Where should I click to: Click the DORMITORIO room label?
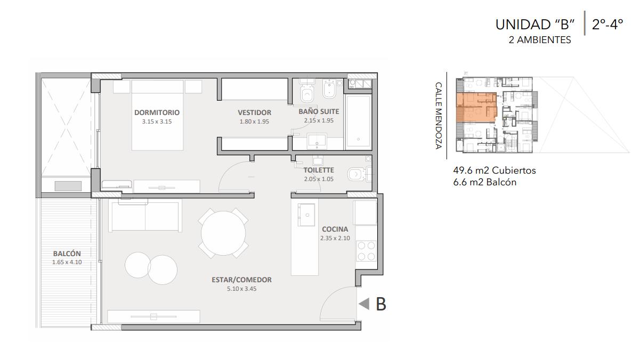point(157,113)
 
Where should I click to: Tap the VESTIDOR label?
point(254,113)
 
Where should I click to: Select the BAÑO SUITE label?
point(319,111)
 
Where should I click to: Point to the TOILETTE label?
point(319,170)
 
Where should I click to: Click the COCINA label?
point(335,229)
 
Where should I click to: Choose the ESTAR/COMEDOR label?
point(242,280)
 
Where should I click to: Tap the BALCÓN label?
point(67,253)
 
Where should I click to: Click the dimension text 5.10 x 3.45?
point(242,289)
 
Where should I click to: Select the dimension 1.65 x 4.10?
point(67,262)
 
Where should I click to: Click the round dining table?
point(223,233)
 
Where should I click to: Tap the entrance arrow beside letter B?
point(364,304)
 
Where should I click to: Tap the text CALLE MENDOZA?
point(439,116)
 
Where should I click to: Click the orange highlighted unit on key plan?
point(476,107)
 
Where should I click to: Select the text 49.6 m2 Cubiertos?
point(495,170)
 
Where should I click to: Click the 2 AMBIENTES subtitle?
point(540,40)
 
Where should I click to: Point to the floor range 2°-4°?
point(607,24)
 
